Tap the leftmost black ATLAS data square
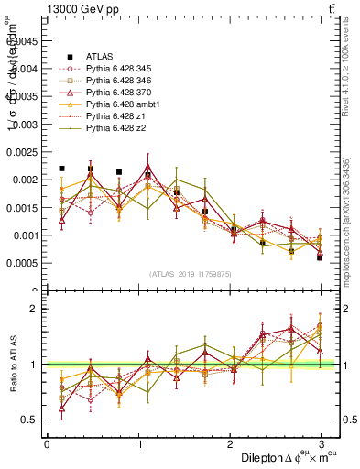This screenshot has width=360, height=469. (61, 169)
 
